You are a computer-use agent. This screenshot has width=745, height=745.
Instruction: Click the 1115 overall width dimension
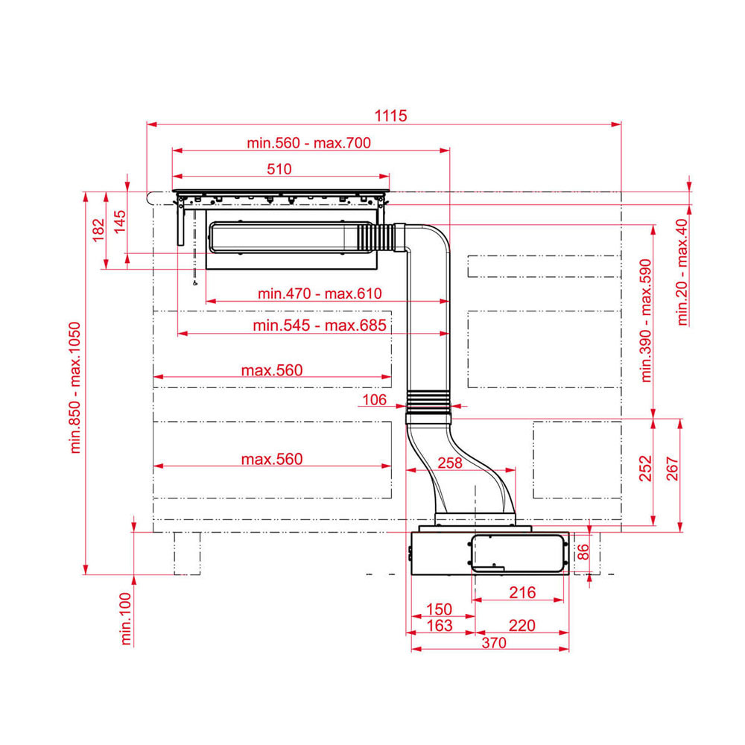(x=390, y=115)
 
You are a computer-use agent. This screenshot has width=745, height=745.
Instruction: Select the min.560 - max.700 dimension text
(x=309, y=142)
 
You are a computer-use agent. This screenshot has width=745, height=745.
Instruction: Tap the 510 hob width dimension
(x=279, y=168)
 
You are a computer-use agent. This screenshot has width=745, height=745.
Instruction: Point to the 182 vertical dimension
(x=98, y=230)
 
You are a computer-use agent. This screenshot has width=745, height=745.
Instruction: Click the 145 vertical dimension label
(x=120, y=221)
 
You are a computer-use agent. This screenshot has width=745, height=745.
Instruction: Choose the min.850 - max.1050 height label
(x=75, y=387)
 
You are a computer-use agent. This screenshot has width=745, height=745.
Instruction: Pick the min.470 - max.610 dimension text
(x=320, y=293)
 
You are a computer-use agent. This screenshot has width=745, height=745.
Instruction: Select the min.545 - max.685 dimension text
(x=320, y=326)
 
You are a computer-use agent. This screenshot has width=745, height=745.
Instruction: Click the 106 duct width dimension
(x=375, y=399)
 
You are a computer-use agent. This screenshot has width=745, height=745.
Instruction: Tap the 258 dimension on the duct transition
(x=450, y=463)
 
